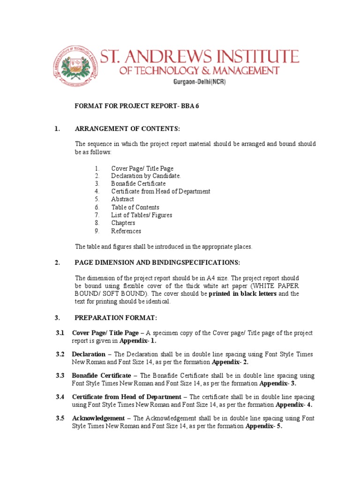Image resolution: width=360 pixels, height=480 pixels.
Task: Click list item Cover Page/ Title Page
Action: point(142,168)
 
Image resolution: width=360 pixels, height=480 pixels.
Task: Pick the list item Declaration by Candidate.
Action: point(146,176)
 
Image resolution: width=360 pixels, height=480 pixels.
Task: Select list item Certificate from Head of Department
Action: point(160,191)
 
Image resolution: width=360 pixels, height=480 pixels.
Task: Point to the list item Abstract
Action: point(122,199)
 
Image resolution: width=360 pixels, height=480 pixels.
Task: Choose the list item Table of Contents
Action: point(135,207)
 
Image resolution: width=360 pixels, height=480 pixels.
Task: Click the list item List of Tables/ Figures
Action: point(142,215)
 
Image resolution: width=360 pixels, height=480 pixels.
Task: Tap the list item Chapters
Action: point(123,223)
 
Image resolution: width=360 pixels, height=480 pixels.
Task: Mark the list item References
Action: point(126,231)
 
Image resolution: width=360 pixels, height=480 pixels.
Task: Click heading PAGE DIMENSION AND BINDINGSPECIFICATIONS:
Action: point(157,262)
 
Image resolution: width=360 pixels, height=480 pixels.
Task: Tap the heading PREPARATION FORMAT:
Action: point(112,317)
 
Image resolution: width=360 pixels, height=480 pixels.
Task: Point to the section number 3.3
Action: point(60,376)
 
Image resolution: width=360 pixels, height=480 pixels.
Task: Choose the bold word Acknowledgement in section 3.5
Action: point(98,418)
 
